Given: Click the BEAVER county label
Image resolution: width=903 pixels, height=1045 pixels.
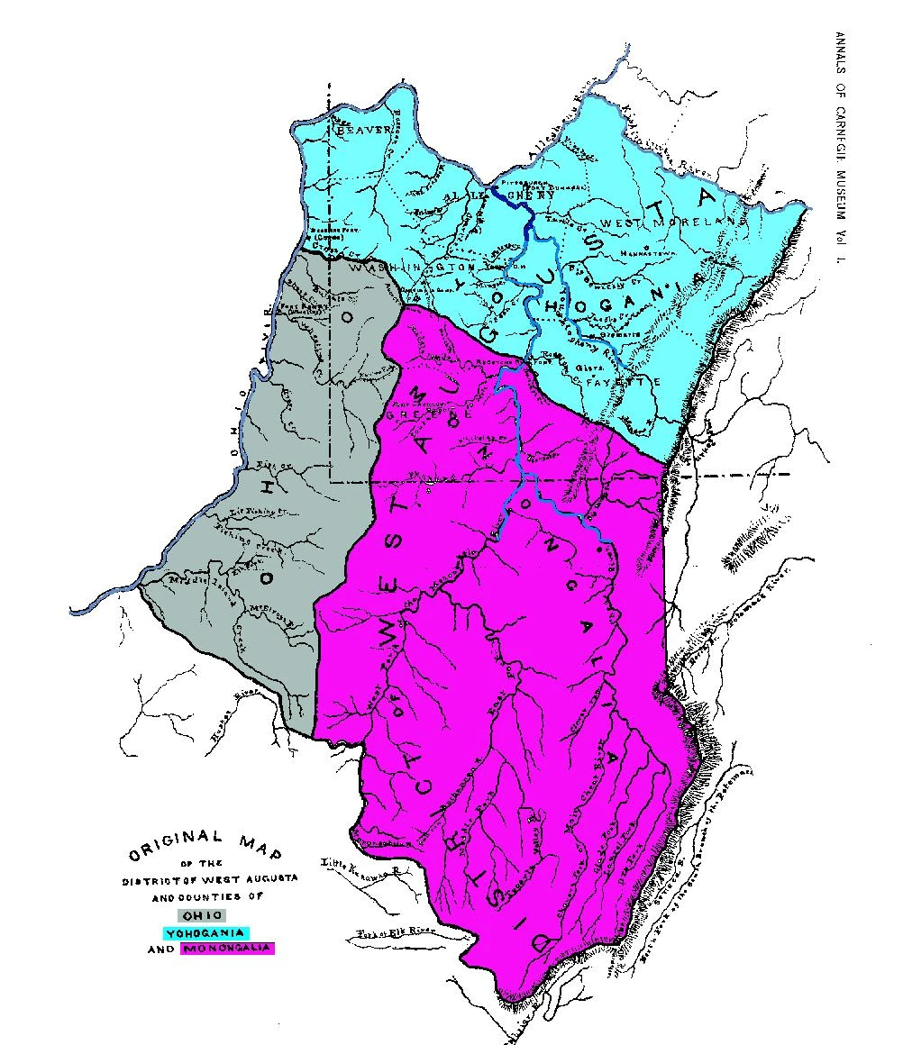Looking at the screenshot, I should pos(364,131).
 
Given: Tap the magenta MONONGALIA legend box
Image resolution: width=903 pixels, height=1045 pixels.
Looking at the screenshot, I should pos(227,949).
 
